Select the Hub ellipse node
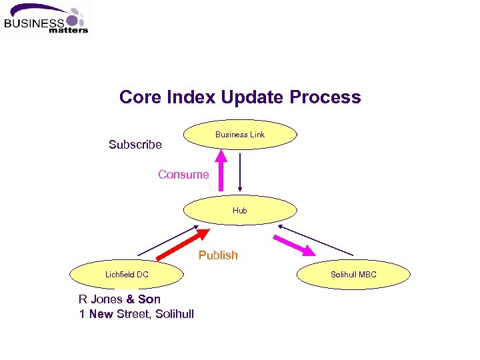pos(240,210)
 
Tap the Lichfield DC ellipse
pos(127,275)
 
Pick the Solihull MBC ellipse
pos(353,275)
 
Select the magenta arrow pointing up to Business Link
pos(221,171)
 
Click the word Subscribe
pos(135,145)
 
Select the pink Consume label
pos(183,175)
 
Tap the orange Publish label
pos(218,255)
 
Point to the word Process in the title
pos(325,97)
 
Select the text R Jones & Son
pos(119,299)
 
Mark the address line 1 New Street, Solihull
pos(136,314)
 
